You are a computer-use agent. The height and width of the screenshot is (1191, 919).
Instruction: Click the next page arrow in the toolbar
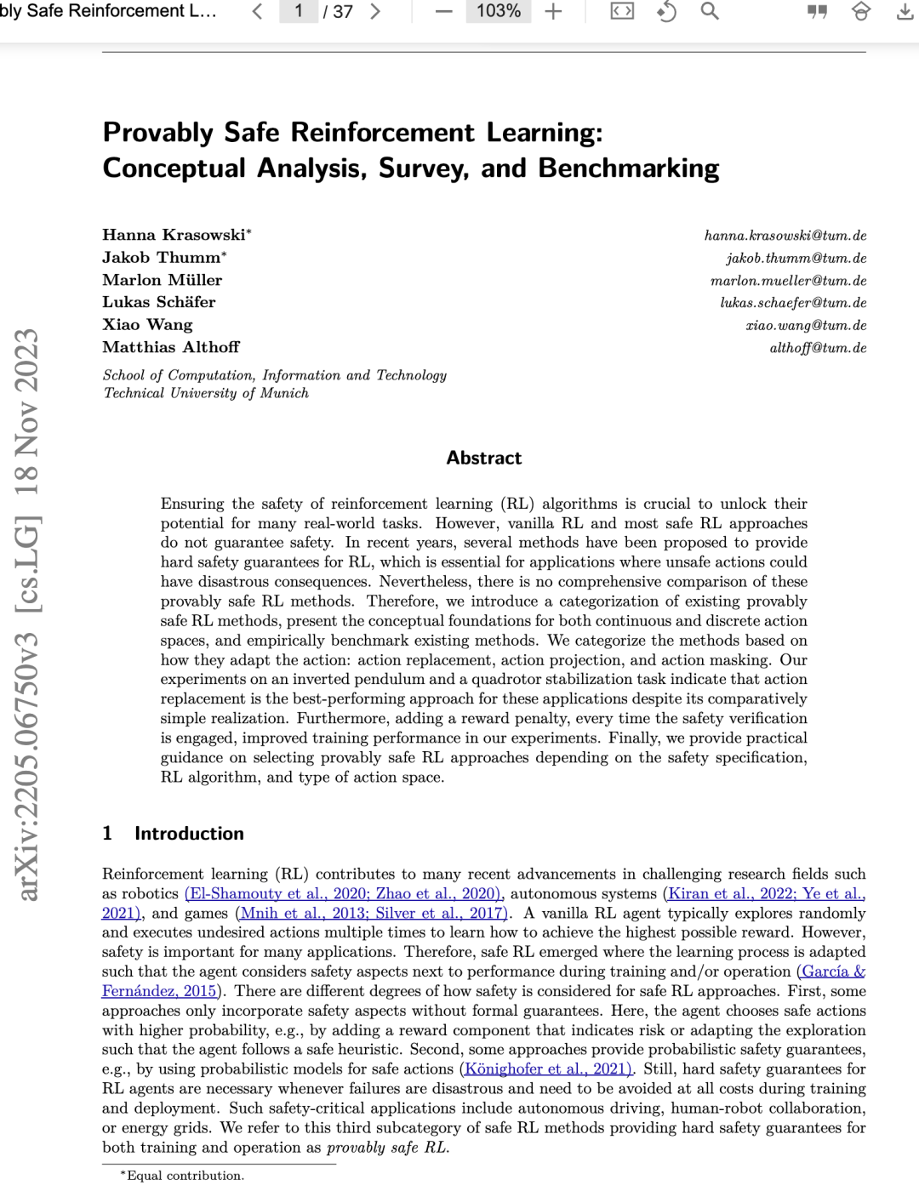tap(375, 12)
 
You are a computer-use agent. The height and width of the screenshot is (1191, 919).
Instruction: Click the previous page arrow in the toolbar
tap(258, 12)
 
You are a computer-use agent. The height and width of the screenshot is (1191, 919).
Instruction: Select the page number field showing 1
tap(299, 11)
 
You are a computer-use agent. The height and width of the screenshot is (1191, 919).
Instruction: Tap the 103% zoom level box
tap(498, 11)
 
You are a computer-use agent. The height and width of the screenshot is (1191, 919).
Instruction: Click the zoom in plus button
tap(554, 12)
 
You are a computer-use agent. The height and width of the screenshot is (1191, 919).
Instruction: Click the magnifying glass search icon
tap(710, 12)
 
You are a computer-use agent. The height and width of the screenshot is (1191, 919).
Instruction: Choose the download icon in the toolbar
tap(905, 12)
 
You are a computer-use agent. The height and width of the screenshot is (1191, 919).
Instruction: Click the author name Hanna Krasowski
tap(174, 235)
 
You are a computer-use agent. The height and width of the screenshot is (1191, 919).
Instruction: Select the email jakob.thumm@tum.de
tap(796, 258)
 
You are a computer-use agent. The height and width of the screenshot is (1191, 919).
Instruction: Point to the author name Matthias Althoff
tap(171, 347)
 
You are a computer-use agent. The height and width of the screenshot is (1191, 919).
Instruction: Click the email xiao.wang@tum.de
tap(806, 325)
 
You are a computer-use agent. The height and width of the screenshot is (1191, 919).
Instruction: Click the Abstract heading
tap(483, 458)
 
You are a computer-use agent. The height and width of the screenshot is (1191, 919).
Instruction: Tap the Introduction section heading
tap(189, 834)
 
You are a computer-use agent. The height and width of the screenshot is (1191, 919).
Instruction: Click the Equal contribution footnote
tap(185, 1176)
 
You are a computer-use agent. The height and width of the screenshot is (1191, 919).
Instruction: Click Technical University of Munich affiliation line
tap(206, 393)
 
